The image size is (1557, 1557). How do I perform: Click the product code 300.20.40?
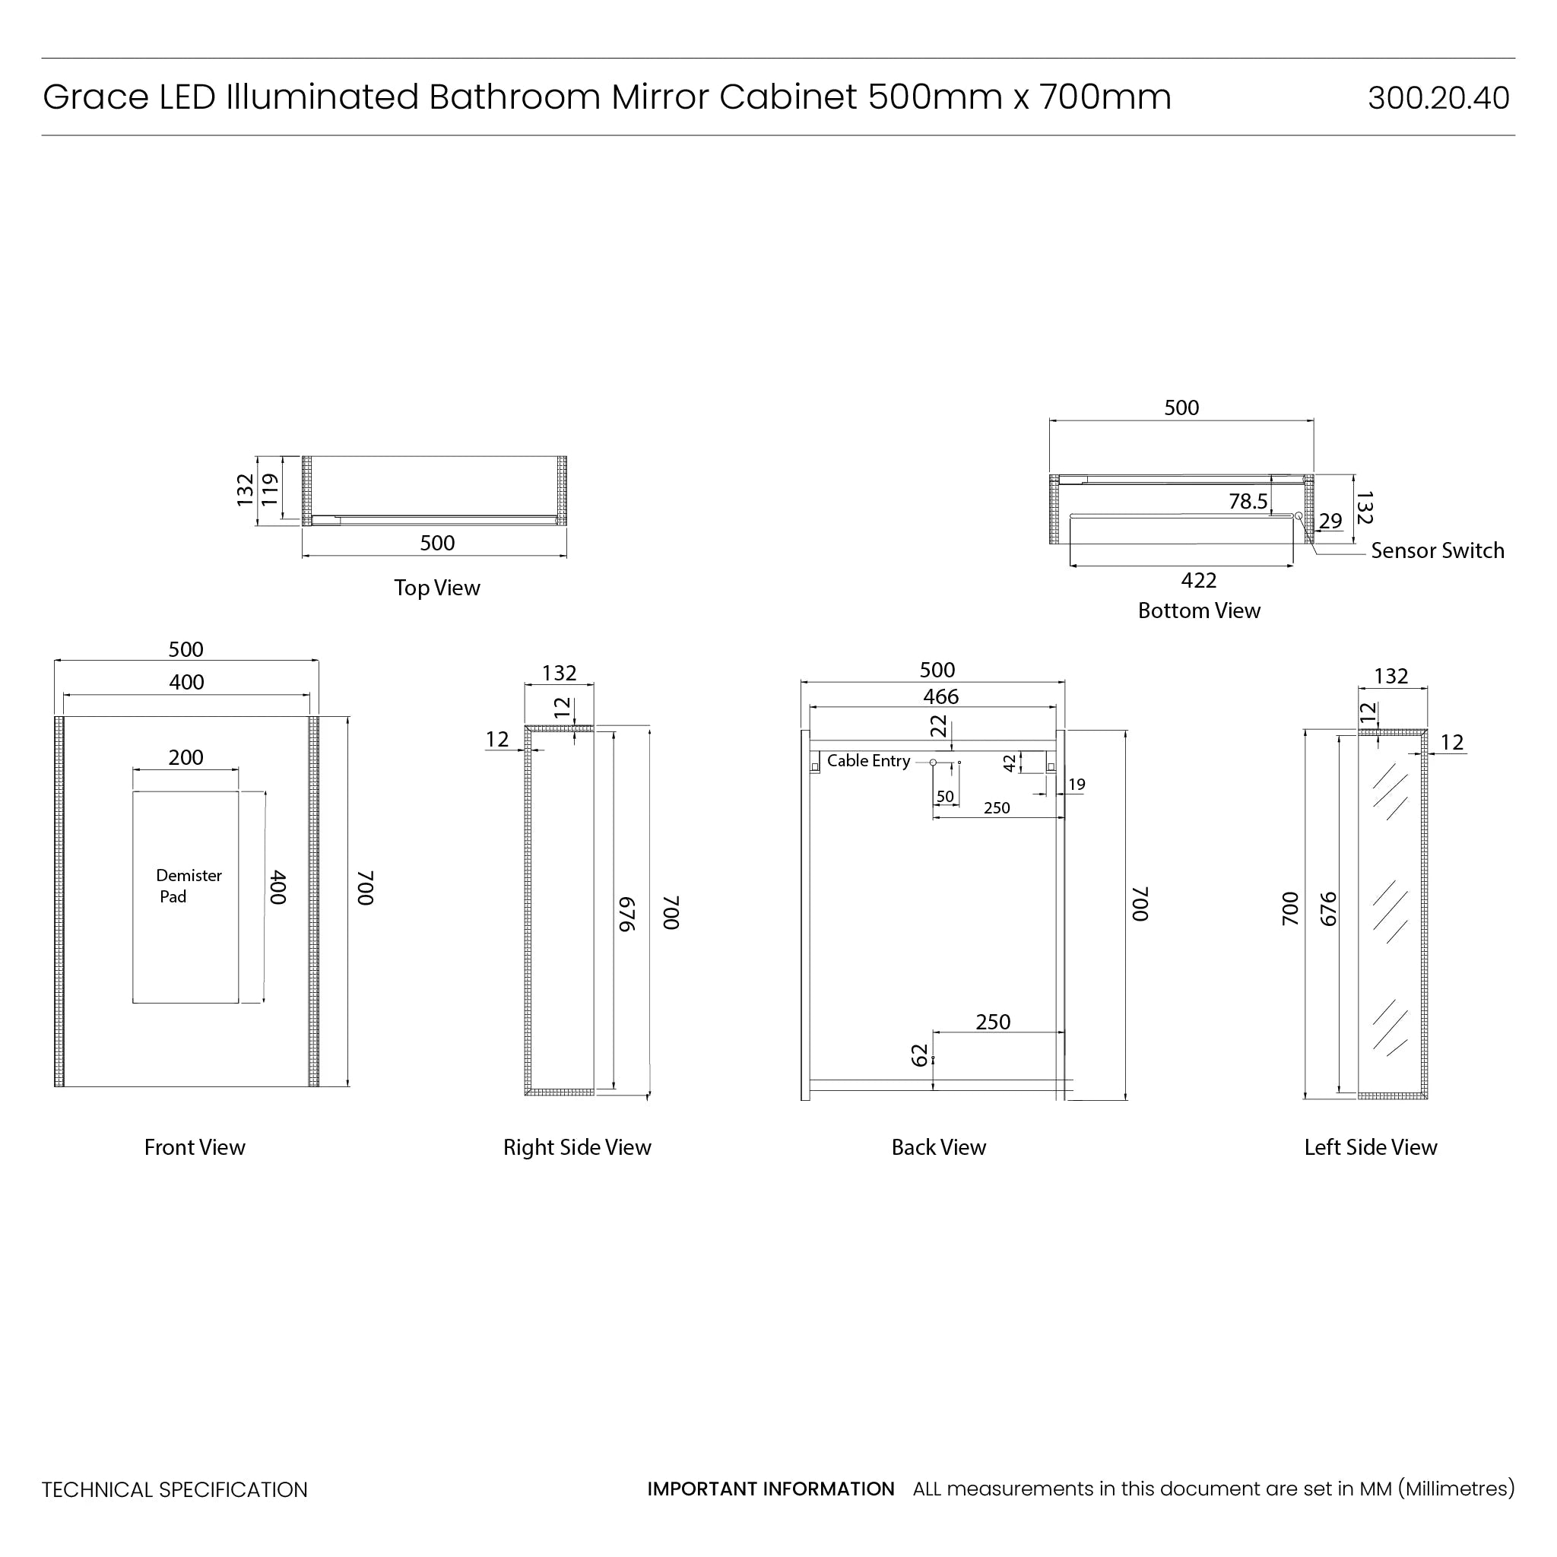pos(1438,98)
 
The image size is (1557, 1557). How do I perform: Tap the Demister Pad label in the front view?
pos(188,886)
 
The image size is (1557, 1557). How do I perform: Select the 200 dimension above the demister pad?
pos(186,757)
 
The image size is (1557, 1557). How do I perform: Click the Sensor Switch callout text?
pos(1437,550)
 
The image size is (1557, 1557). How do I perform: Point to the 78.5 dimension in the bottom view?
pos(1248,501)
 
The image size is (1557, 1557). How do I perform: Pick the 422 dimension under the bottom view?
pos(1198,580)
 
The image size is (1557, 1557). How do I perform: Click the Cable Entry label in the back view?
pos(868,761)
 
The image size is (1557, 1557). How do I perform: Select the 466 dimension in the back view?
pos(940,696)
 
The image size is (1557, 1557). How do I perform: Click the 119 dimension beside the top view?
pos(269,489)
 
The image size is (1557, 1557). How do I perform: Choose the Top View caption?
pos(437,588)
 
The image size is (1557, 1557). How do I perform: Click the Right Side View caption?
pos(577,1146)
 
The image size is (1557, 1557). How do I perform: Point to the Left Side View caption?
pos(1370,1146)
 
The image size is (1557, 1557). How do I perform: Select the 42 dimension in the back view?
pos(1010,763)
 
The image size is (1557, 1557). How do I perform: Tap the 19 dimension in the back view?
pos(1077,784)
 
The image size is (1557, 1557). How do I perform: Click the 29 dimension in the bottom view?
pos(1330,521)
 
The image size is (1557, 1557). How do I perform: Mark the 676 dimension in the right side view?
pos(627,914)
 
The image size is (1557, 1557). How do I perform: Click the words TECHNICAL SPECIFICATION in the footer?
pos(174,1489)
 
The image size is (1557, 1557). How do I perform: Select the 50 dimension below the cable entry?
pos(944,796)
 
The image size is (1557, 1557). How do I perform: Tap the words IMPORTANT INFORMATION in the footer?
pos(770,1489)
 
